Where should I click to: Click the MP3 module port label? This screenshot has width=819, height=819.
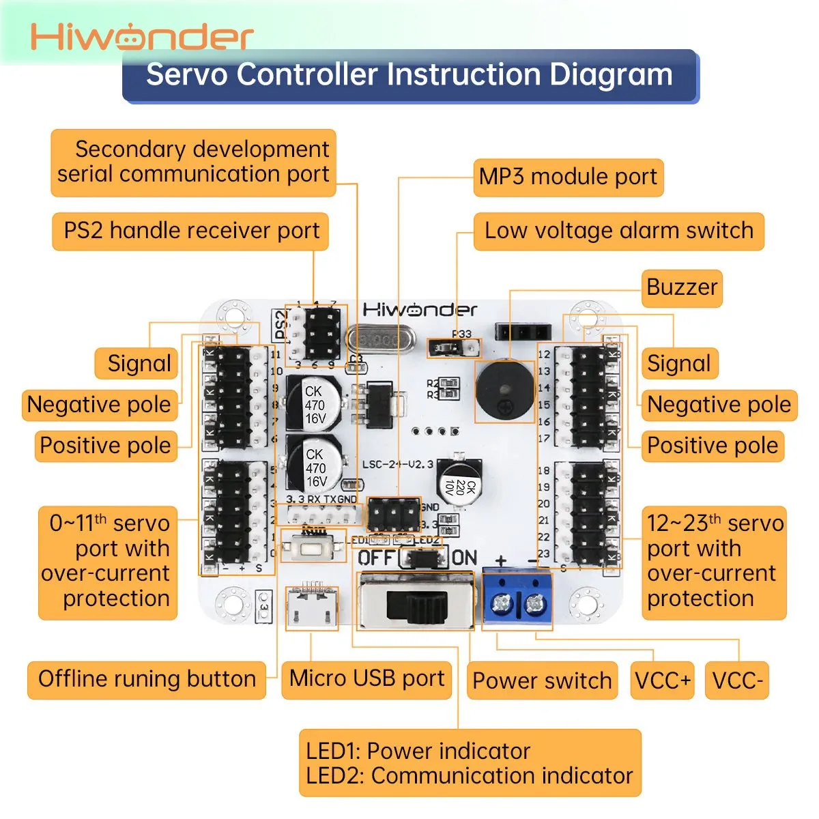click(x=568, y=177)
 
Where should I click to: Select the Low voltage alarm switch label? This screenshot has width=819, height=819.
click(x=618, y=231)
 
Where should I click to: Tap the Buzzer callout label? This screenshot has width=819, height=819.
click(x=681, y=287)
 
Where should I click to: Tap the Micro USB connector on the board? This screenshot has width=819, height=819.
click(x=312, y=606)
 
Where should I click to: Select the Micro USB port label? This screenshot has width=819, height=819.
click(x=367, y=679)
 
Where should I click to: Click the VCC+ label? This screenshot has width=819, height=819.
click(x=662, y=680)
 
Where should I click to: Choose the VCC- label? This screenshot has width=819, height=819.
click(x=737, y=680)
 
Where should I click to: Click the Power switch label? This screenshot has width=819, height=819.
click(x=542, y=680)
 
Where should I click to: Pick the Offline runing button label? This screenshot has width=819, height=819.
click(x=147, y=679)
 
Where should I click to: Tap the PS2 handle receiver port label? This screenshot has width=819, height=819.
click(x=191, y=231)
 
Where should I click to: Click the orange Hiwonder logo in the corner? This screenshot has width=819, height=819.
click(x=142, y=37)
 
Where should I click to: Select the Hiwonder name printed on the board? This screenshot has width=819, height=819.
click(x=419, y=311)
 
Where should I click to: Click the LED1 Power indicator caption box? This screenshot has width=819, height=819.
click(x=470, y=763)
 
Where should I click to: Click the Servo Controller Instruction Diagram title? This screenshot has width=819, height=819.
click(x=409, y=75)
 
